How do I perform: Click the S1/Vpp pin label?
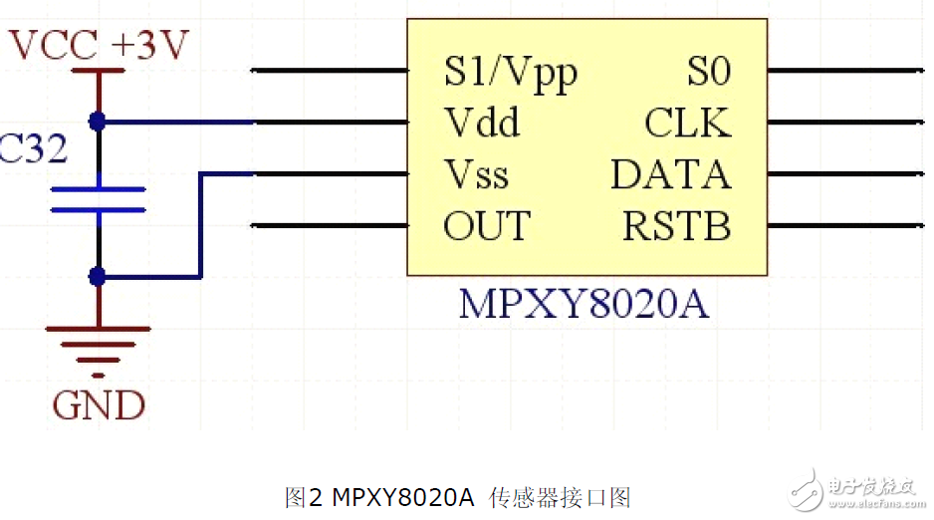tap(510, 73)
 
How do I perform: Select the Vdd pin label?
tap(482, 124)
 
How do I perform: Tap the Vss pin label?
tap(476, 174)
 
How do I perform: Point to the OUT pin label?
tap(487, 226)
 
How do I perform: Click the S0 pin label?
tap(709, 72)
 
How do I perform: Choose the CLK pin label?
tap(687, 124)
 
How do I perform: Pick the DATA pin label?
tap(670, 174)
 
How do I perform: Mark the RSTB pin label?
tap(676, 226)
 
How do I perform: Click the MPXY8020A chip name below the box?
tap(584, 305)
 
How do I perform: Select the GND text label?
tap(99, 405)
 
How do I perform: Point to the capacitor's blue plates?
tap(98, 199)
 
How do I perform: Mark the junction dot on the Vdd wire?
tap(98, 122)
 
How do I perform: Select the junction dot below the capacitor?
tap(98, 276)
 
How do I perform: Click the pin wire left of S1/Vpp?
tap(329, 71)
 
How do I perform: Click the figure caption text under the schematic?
tap(458, 496)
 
